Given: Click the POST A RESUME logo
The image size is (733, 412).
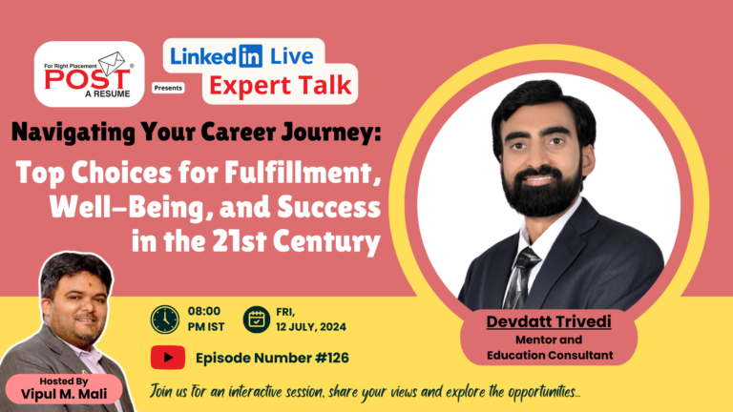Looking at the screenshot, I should (89, 73).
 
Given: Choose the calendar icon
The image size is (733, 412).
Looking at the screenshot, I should (257, 319).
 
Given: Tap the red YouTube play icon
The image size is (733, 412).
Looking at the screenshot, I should (167, 358).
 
